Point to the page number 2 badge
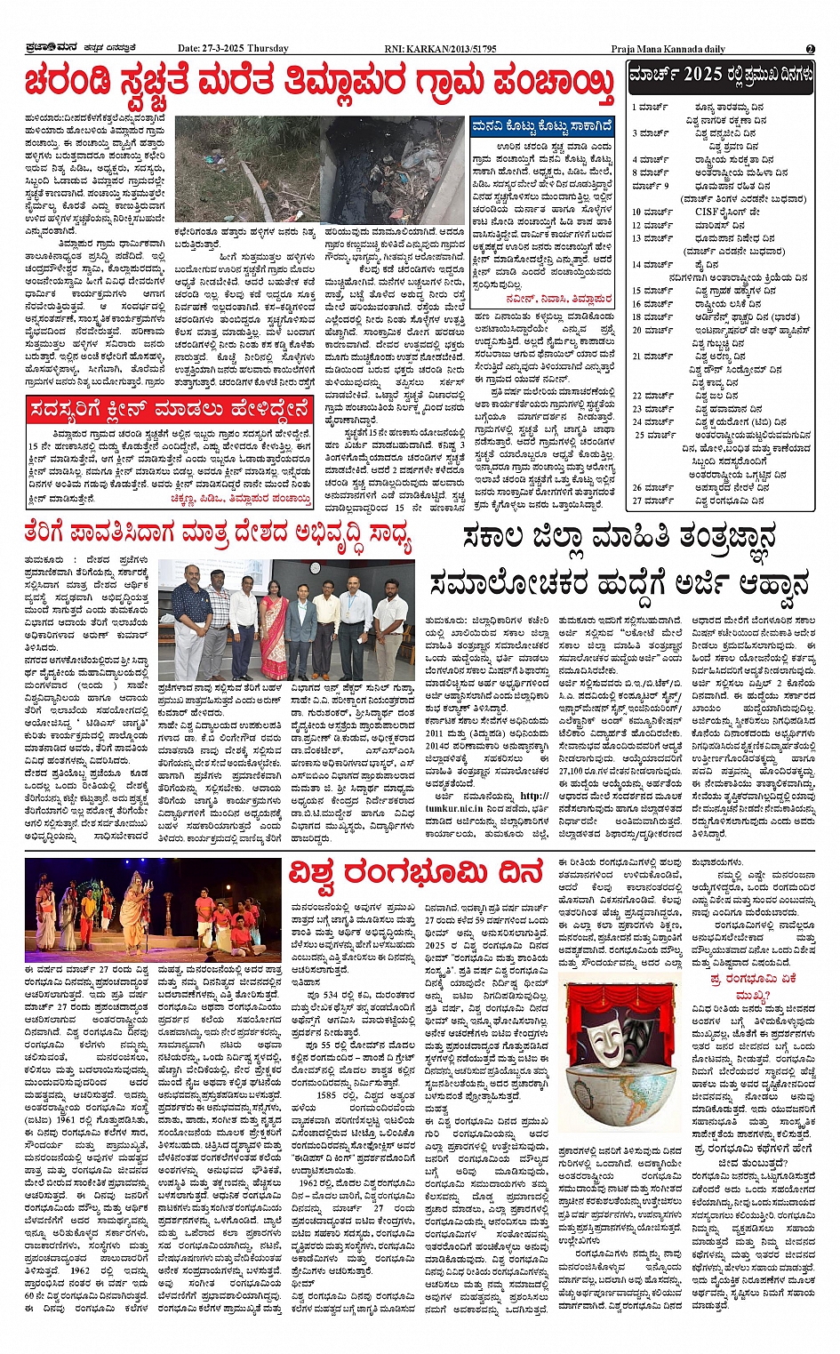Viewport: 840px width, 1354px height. tap(810, 48)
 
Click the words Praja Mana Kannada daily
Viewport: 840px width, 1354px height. tap(668, 49)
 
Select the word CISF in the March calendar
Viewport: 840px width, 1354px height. tap(708, 212)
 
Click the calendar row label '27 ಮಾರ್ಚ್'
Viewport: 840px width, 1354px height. tap(652, 501)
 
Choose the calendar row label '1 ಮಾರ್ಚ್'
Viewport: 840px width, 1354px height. tap(650, 107)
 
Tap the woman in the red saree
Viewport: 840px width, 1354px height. tap(273, 621)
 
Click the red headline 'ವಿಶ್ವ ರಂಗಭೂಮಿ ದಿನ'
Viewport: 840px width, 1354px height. tap(415, 874)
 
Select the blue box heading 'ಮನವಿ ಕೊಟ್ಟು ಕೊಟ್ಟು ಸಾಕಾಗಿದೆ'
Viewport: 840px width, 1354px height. tap(541, 126)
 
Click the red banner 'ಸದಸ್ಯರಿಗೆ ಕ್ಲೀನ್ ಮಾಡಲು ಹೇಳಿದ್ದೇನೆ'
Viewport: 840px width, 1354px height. tap(170, 410)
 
